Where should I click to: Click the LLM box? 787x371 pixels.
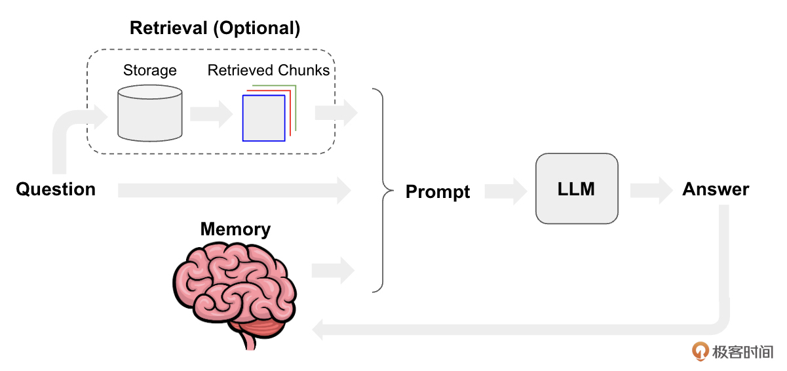click(x=577, y=189)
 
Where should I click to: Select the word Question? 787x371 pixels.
click(x=56, y=189)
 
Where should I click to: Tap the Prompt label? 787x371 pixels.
click(x=438, y=191)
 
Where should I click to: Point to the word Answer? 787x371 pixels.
click(x=716, y=189)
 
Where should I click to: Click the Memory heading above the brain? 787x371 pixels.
click(x=235, y=229)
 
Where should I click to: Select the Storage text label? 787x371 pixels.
click(x=150, y=70)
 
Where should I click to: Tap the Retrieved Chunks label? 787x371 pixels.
click(x=269, y=70)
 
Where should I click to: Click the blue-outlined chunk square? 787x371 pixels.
click(x=263, y=118)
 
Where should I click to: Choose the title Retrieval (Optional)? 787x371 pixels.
click(x=215, y=29)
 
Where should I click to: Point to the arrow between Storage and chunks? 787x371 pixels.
click(x=211, y=114)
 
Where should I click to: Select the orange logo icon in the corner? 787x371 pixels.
click(x=701, y=351)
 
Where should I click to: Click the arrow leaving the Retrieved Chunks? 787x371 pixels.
click(x=336, y=113)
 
